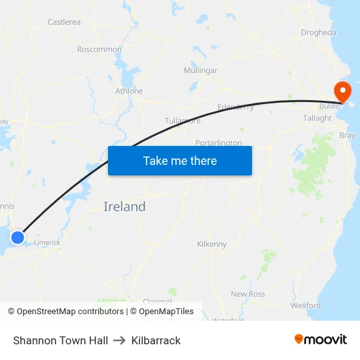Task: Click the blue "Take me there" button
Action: [x=179, y=160]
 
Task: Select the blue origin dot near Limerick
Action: [x=18, y=238]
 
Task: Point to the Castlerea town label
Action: [x=64, y=22]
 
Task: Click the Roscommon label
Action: [x=99, y=49]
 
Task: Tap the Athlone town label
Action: [x=129, y=91]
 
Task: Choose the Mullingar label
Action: [x=200, y=70]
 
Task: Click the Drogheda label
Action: [x=318, y=32]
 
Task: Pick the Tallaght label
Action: [x=317, y=118]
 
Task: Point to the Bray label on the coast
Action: [x=348, y=135]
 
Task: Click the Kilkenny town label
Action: [x=211, y=244]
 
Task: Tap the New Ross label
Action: [x=248, y=294]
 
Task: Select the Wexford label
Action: [x=306, y=305]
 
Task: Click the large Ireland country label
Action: [x=124, y=207]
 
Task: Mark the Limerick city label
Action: [x=47, y=242]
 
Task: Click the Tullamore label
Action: [x=183, y=120]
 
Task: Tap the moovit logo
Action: [x=320, y=339]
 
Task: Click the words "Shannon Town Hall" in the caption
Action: [x=60, y=340]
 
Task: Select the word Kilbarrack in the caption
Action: [x=156, y=340]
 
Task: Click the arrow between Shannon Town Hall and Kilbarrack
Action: [x=119, y=340]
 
